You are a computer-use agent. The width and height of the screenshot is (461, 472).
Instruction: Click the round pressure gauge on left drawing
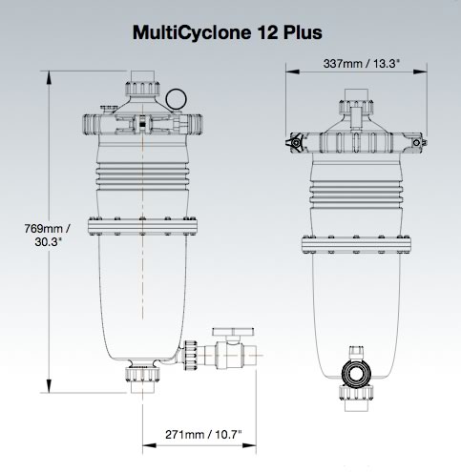point(174,98)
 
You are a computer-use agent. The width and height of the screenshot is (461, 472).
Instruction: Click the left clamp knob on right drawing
point(294,142)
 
